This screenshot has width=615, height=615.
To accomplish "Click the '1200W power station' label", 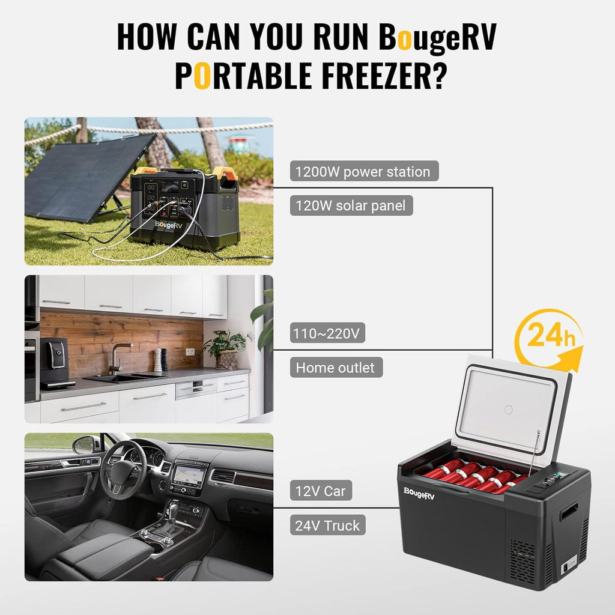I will (x=363, y=172).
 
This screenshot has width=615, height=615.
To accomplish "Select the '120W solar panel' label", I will (x=351, y=206).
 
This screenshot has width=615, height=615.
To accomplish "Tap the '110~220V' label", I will (x=328, y=333).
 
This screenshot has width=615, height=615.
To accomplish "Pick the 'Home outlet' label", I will (x=336, y=368).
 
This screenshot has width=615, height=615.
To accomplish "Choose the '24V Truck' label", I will (x=328, y=526).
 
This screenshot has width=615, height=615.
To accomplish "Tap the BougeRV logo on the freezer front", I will (x=419, y=491).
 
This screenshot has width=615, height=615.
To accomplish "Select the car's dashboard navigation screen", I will (x=189, y=476).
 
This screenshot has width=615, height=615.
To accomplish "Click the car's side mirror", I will (x=86, y=444).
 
